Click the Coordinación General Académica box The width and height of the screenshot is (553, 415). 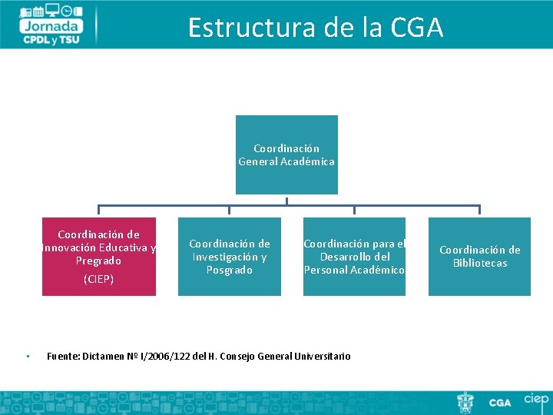point(286,154)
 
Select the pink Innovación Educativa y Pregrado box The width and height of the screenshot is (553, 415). point(99,256)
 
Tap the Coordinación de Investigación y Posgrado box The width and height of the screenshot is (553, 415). point(229,257)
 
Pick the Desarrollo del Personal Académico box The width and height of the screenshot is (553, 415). point(354,257)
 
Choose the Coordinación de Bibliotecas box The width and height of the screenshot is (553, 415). point(479,257)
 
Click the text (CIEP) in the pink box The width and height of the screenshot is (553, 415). point(98,279)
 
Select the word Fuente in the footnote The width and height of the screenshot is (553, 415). point(62,356)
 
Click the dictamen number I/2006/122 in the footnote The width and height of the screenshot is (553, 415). point(166,356)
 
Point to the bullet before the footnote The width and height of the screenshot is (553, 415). point(26,356)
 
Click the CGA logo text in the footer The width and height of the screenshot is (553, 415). point(500,402)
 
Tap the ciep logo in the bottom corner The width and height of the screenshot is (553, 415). point(535,400)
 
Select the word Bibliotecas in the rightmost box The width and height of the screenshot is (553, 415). point(479,263)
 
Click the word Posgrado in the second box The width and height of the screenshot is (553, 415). point(229,270)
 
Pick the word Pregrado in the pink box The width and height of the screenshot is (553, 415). point(98,261)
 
